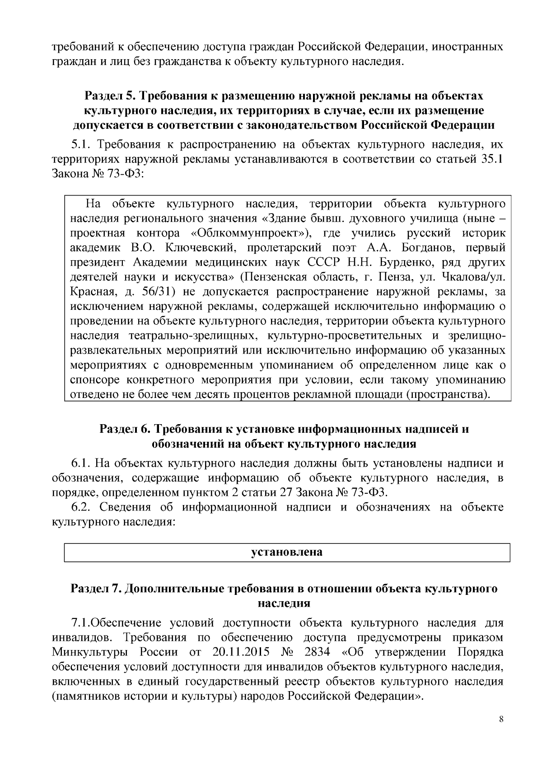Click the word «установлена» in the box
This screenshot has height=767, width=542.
pos(286,552)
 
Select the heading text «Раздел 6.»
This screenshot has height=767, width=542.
pos(124,429)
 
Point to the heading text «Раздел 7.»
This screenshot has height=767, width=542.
pos(95,589)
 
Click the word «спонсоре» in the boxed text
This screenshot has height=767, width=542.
pos(94,379)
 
